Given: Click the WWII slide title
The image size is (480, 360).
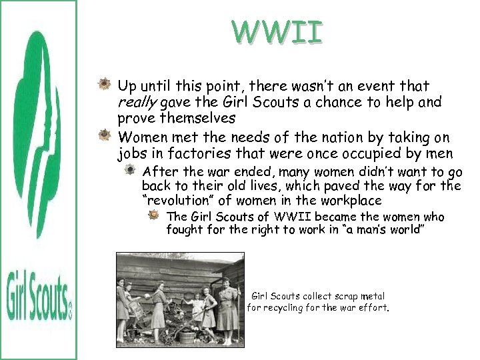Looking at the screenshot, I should tap(277, 32).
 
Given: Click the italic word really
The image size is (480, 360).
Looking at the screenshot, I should tap(138, 102).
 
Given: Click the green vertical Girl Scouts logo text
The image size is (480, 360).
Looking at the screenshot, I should tap(38, 293).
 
